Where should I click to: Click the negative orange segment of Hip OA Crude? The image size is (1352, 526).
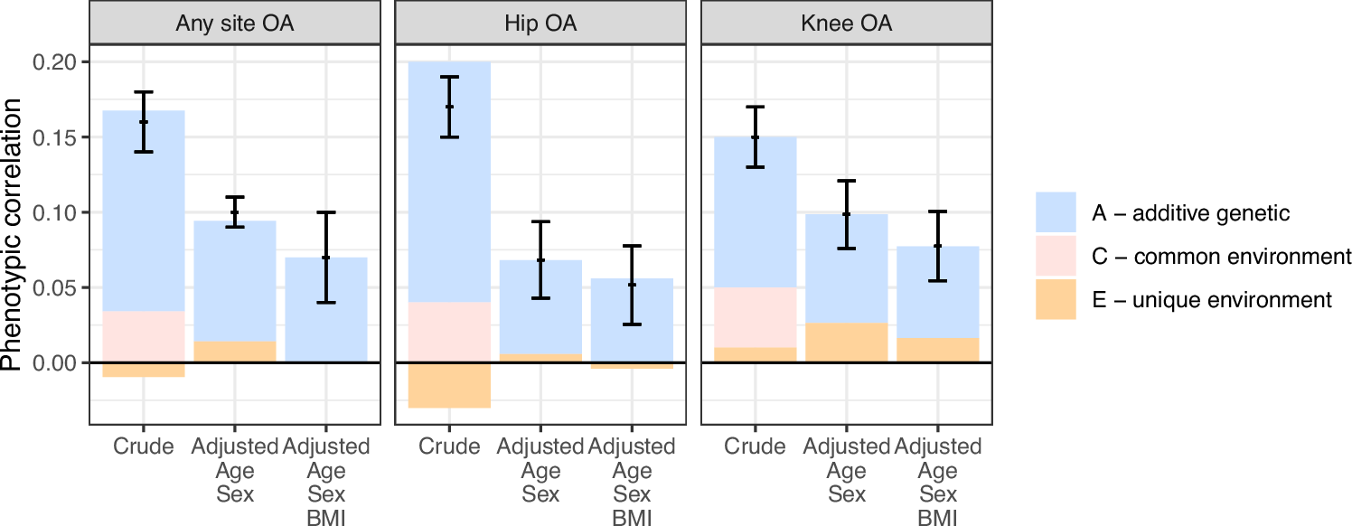pyautogui.click(x=449, y=385)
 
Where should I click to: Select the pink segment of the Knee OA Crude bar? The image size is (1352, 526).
pyautogui.click(x=756, y=317)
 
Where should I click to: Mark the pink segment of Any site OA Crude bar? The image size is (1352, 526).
pyautogui.click(x=144, y=336)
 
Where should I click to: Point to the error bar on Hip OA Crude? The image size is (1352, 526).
pyautogui.click(x=449, y=107)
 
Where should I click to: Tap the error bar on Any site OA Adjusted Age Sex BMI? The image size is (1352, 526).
pyautogui.click(x=326, y=258)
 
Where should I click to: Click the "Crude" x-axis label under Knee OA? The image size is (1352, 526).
pyautogui.click(x=756, y=446)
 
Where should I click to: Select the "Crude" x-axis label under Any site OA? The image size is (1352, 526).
pyautogui.click(x=144, y=446)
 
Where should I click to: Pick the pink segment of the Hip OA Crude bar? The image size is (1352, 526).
pyautogui.click(x=449, y=332)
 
